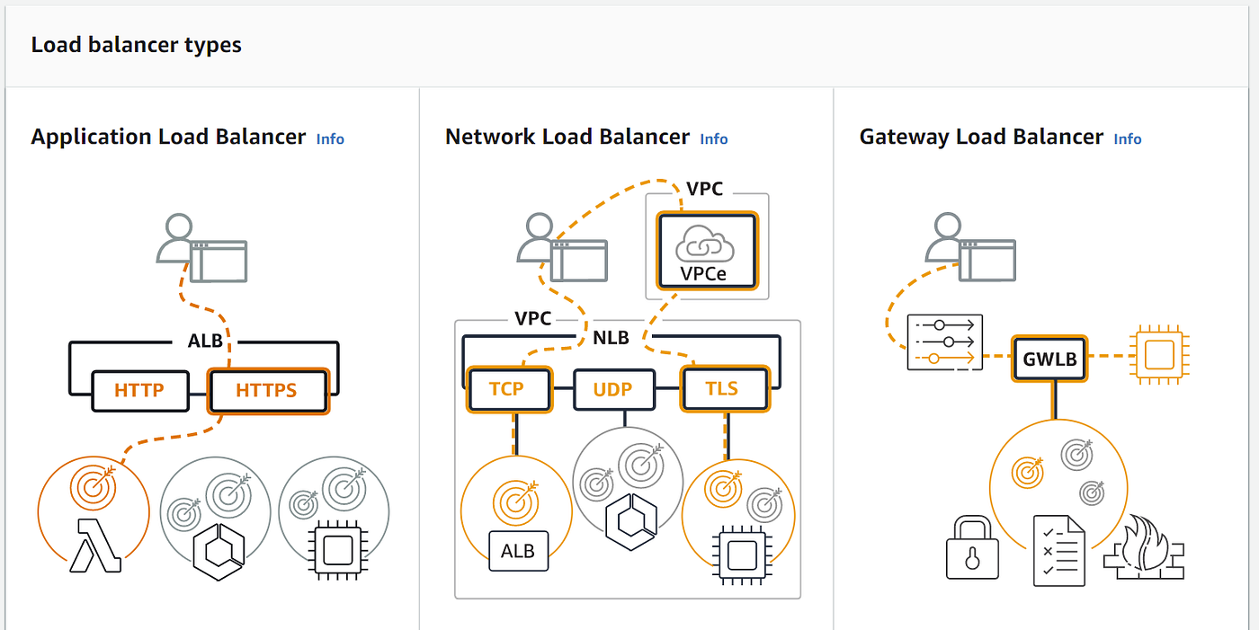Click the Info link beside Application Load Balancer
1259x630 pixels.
click(x=330, y=138)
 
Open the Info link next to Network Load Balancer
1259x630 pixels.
click(x=714, y=138)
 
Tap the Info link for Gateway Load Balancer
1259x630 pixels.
click(x=1128, y=138)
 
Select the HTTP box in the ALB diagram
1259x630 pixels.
click(x=140, y=390)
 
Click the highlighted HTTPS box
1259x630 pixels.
click(x=268, y=391)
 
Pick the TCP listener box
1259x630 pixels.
click(x=509, y=389)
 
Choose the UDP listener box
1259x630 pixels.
click(x=613, y=389)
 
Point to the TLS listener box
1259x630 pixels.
click(x=725, y=388)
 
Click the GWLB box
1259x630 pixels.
click(x=1049, y=359)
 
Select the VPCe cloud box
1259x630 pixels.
click(x=707, y=251)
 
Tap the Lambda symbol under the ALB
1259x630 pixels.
click(x=94, y=546)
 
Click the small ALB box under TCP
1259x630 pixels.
click(x=518, y=551)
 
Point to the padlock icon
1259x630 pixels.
click(x=972, y=547)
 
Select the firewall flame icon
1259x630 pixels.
click(x=1144, y=548)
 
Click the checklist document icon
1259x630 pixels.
click(x=1059, y=551)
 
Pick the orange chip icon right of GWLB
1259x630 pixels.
click(x=1159, y=355)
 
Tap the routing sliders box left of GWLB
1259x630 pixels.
click(x=945, y=342)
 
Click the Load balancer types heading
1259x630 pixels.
click(x=136, y=45)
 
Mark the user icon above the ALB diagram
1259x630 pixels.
click(x=201, y=248)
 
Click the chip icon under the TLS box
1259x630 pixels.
click(x=742, y=555)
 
